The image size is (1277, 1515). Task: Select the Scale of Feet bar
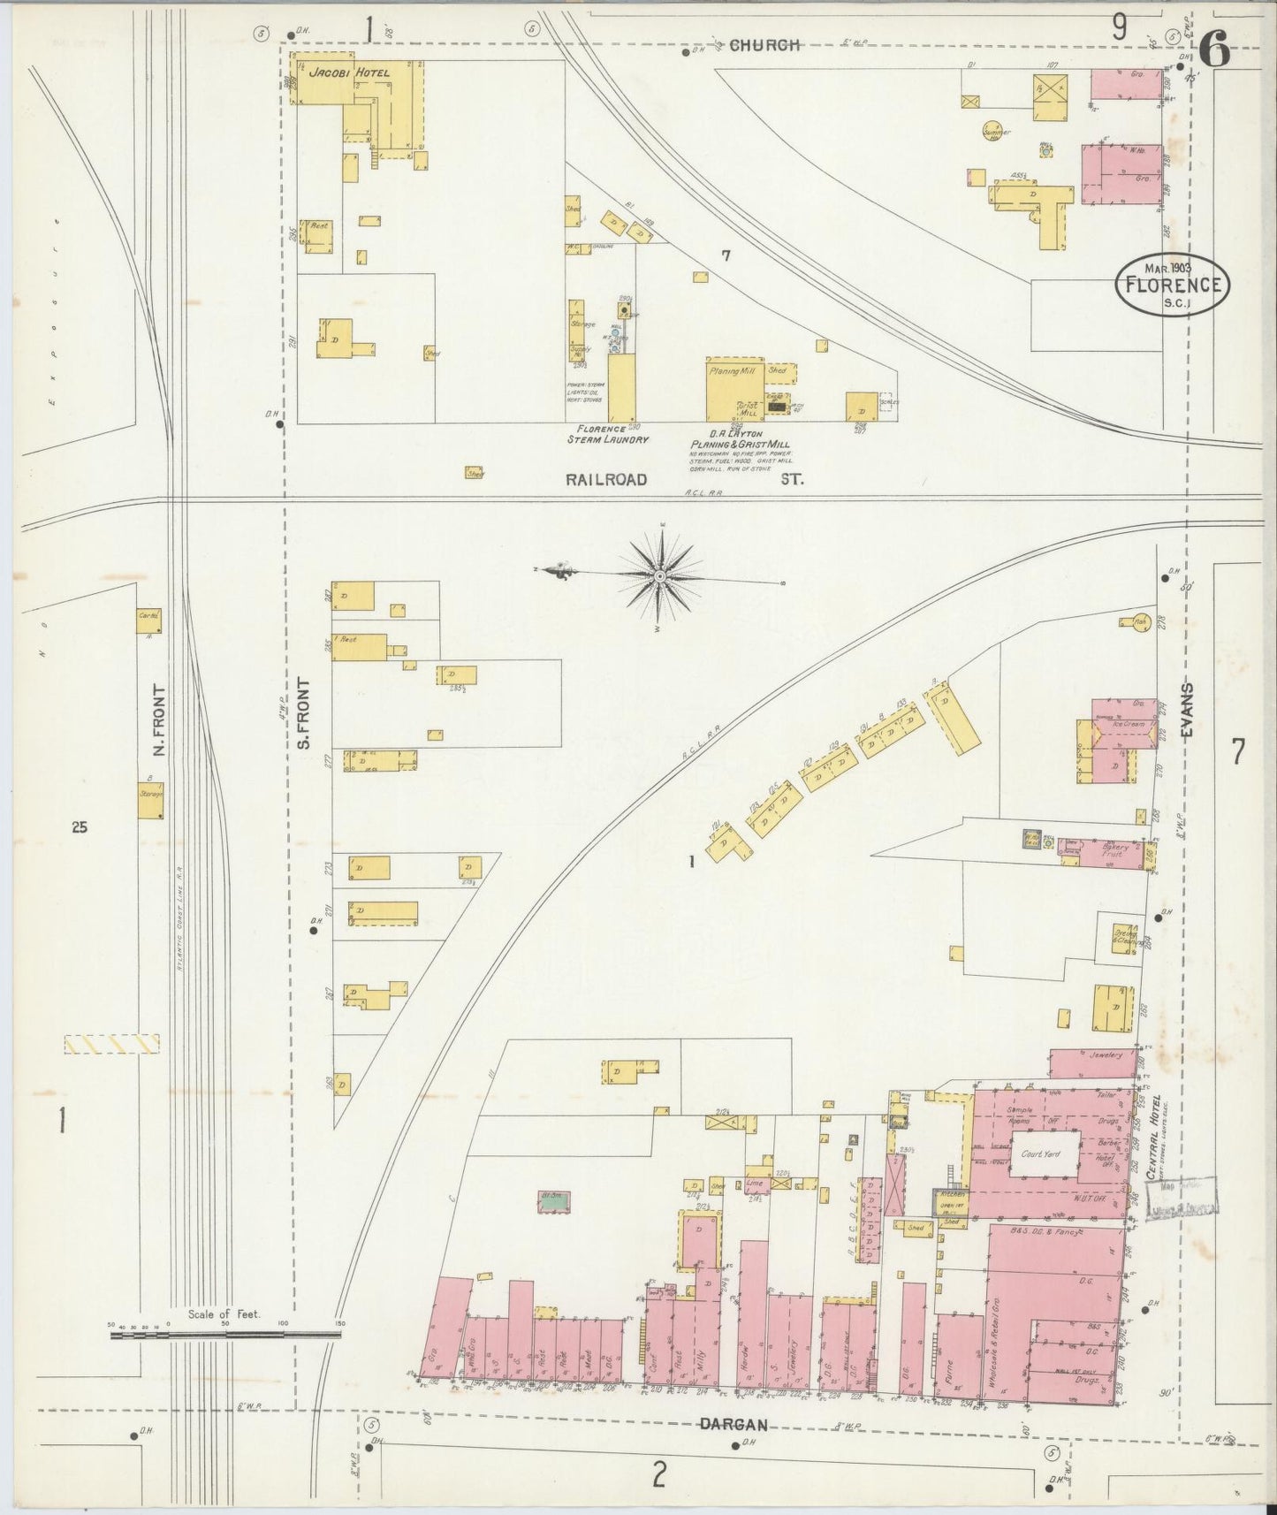point(225,1334)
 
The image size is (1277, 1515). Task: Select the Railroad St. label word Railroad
point(606,479)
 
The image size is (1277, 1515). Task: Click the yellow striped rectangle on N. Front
point(111,1044)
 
